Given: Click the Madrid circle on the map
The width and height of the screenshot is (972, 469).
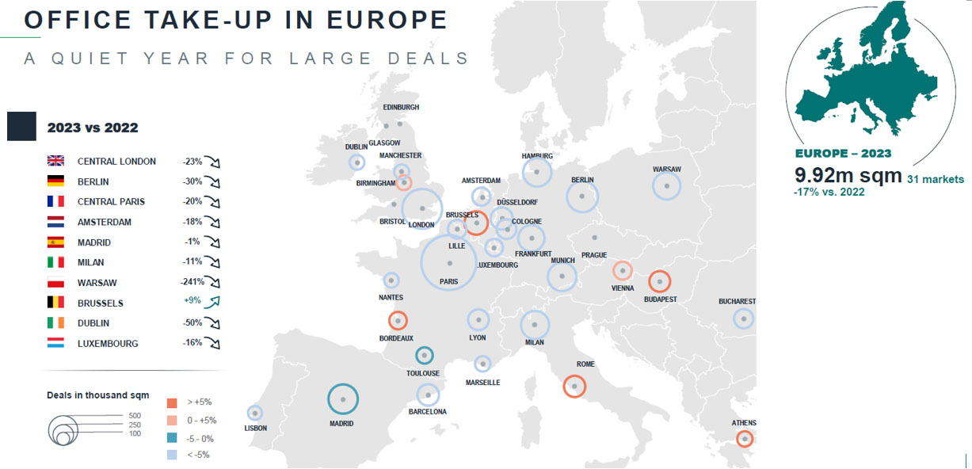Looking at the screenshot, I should click(x=343, y=399).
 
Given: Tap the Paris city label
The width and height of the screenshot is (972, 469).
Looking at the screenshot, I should click(x=449, y=280).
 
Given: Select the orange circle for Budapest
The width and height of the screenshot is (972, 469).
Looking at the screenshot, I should click(x=659, y=282).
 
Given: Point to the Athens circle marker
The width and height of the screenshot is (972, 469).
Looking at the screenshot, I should click(x=744, y=439).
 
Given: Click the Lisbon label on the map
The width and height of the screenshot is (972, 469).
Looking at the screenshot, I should click(x=256, y=428).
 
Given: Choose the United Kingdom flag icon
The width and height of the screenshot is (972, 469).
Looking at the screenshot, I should click(x=56, y=162).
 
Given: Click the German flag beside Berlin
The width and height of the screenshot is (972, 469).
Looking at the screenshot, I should click(x=56, y=181).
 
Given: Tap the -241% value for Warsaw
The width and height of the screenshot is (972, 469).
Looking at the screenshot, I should click(x=192, y=282).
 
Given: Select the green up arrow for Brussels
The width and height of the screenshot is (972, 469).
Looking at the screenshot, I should click(x=212, y=302).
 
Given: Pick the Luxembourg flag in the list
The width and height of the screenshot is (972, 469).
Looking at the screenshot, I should click(x=56, y=344).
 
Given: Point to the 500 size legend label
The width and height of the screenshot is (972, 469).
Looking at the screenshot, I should click(x=135, y=415).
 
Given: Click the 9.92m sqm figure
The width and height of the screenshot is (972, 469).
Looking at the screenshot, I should click(x=845, y=175).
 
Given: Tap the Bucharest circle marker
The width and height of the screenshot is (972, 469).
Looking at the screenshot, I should click(x=743, y=318).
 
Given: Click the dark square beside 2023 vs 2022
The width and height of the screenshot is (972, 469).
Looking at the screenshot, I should click(x=21, y=127).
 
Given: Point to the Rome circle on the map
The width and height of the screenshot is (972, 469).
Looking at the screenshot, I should click(x=574, y=386).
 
